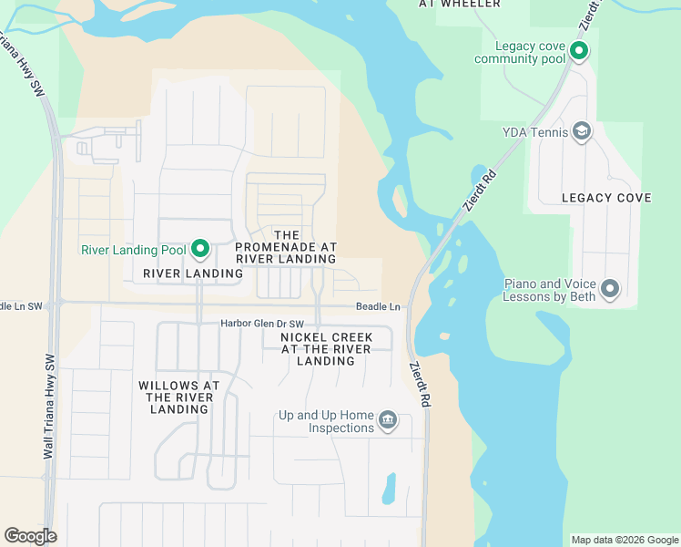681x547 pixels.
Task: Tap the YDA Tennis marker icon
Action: [x=581, y=132]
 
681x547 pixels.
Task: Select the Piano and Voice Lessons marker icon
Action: [x=610, y=289]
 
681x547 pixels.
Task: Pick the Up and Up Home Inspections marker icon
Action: [x=388, y=420]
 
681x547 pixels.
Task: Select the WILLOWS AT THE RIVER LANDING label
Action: [x=179, y=397]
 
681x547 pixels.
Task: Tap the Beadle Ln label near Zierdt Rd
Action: [x=378, y=307]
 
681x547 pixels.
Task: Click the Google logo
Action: [x=30, y=536]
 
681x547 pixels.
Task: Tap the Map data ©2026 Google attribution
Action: [x=625, y=540]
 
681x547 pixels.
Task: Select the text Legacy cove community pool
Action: [x=520, y=53]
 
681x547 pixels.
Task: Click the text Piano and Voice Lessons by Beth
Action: [x=551, y=290]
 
